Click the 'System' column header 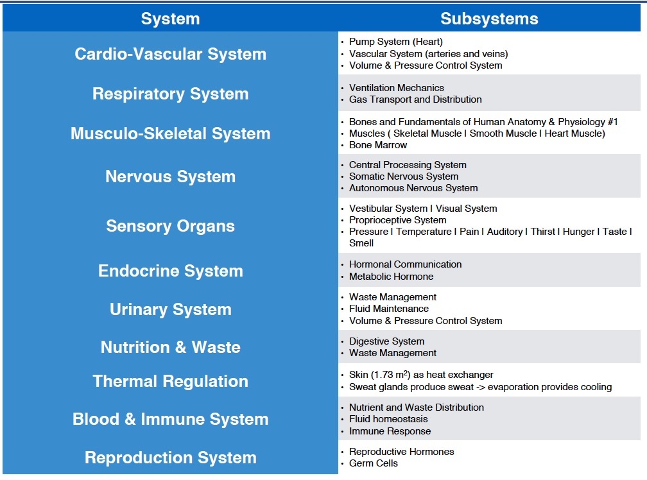[x=170, y=19]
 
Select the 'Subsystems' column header [x=489, y=19]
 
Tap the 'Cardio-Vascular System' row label [x=170, y=54]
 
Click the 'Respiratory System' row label [x=170, y=94]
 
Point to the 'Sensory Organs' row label [x=170, y=226]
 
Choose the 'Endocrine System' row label [x=170, y=271]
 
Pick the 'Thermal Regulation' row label [x=170, y=381]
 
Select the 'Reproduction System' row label [x=170, y=458]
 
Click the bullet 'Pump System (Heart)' [x=395, y=42]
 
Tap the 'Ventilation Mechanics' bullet [x=396, y=88]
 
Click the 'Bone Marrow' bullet [x=377, y=145]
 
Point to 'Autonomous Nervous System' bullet [x=413, y=188]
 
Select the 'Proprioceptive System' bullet [x=397, y=220]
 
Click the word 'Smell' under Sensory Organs [x=361, y=243]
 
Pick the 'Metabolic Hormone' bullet [x=391, y=277]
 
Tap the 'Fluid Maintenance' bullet [x=389, y=309]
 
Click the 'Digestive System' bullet [x=386, y=341]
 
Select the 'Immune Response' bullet [x=390, y=431]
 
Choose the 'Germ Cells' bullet [x=374, y=463]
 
